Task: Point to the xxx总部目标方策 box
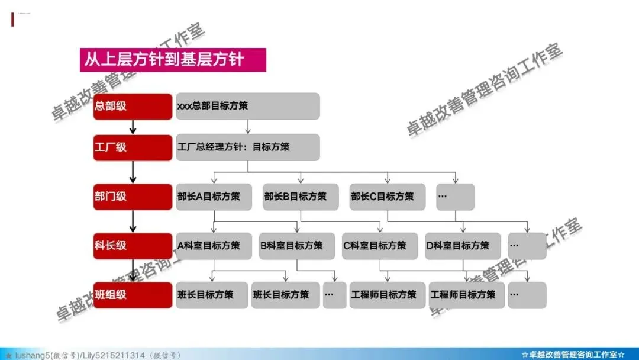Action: (247, 107)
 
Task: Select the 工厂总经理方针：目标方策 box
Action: (247, 147)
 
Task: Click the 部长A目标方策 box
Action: (214, 197)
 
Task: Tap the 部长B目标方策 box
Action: (301, 197)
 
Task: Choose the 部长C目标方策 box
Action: (388, 197)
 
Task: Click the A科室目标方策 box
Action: (214, 246)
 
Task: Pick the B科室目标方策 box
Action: (296, 246)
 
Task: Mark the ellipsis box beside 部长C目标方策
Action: (456, 197)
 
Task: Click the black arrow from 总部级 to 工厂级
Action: (133, 127)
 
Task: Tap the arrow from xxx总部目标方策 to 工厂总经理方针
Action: (248, 127)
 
